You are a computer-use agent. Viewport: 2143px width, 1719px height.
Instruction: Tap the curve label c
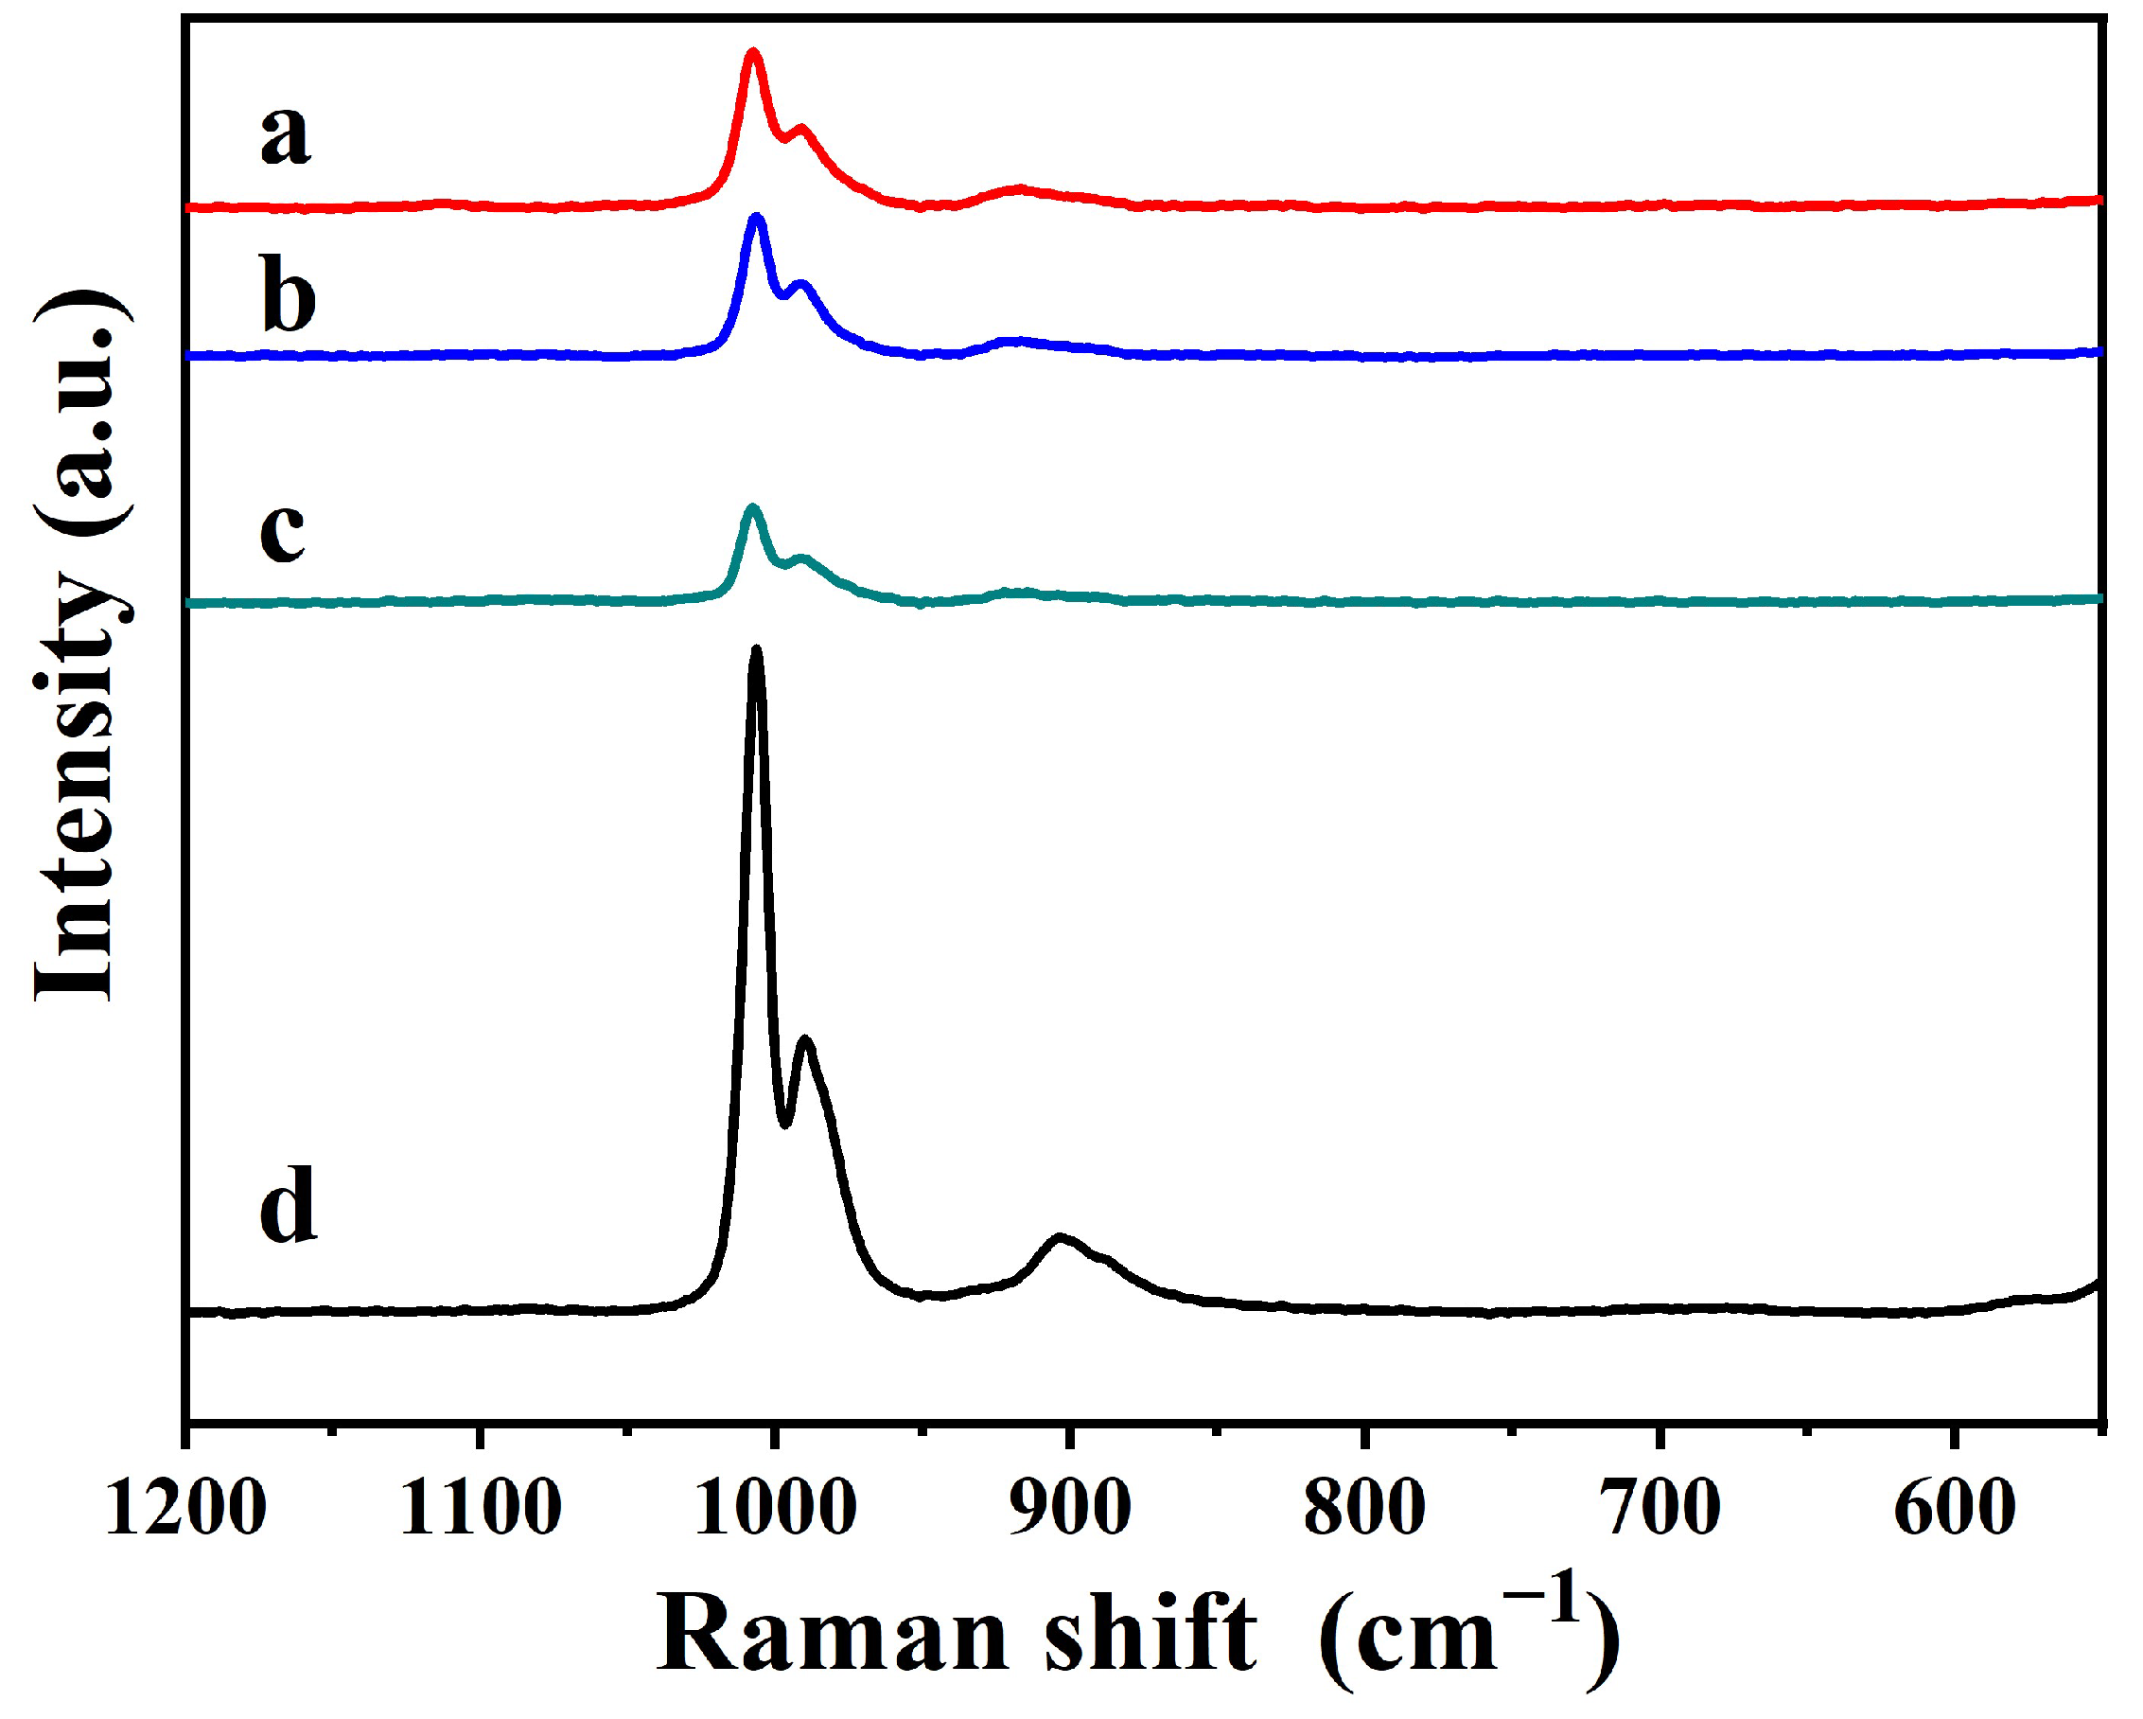[x=282, y=532]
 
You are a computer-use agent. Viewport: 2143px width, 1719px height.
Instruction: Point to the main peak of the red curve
[x=753, y=52]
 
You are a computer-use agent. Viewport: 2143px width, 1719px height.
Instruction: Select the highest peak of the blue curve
[x=758, y=217]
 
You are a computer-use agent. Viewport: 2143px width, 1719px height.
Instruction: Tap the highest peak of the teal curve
[x=752, y=509]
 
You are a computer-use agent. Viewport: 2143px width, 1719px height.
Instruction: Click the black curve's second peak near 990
[x=805, y=1040]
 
